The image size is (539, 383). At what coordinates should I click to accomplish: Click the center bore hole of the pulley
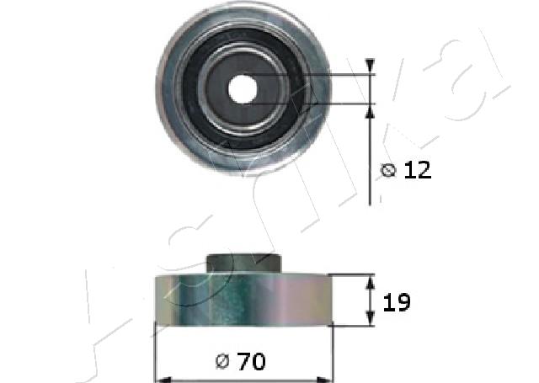click(x=244, y=88)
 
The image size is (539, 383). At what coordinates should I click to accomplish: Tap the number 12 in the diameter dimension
click(x=417, y=170)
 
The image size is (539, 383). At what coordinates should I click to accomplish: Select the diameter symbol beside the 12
click(x=388, y=171)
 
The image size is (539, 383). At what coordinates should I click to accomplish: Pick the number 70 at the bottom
click(x=252, y=362)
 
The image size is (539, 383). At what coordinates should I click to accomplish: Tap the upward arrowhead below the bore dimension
click(x=370, y=110)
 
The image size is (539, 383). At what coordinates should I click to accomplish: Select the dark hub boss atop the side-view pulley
click(x=244, y=263)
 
